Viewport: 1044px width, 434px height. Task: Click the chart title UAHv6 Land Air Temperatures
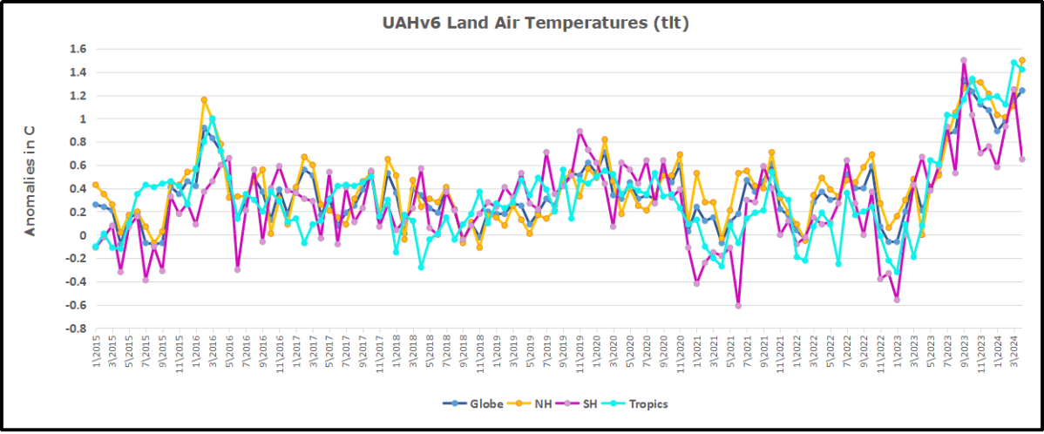(x=535, y=24)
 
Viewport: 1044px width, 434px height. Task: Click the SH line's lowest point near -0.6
(x=738, y=306)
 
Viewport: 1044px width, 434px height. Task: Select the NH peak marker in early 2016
(x=204, y=100)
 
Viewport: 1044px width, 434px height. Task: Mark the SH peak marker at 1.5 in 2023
(x=963, y=60)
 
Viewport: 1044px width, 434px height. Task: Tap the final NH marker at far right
(x=1022, y=60)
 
